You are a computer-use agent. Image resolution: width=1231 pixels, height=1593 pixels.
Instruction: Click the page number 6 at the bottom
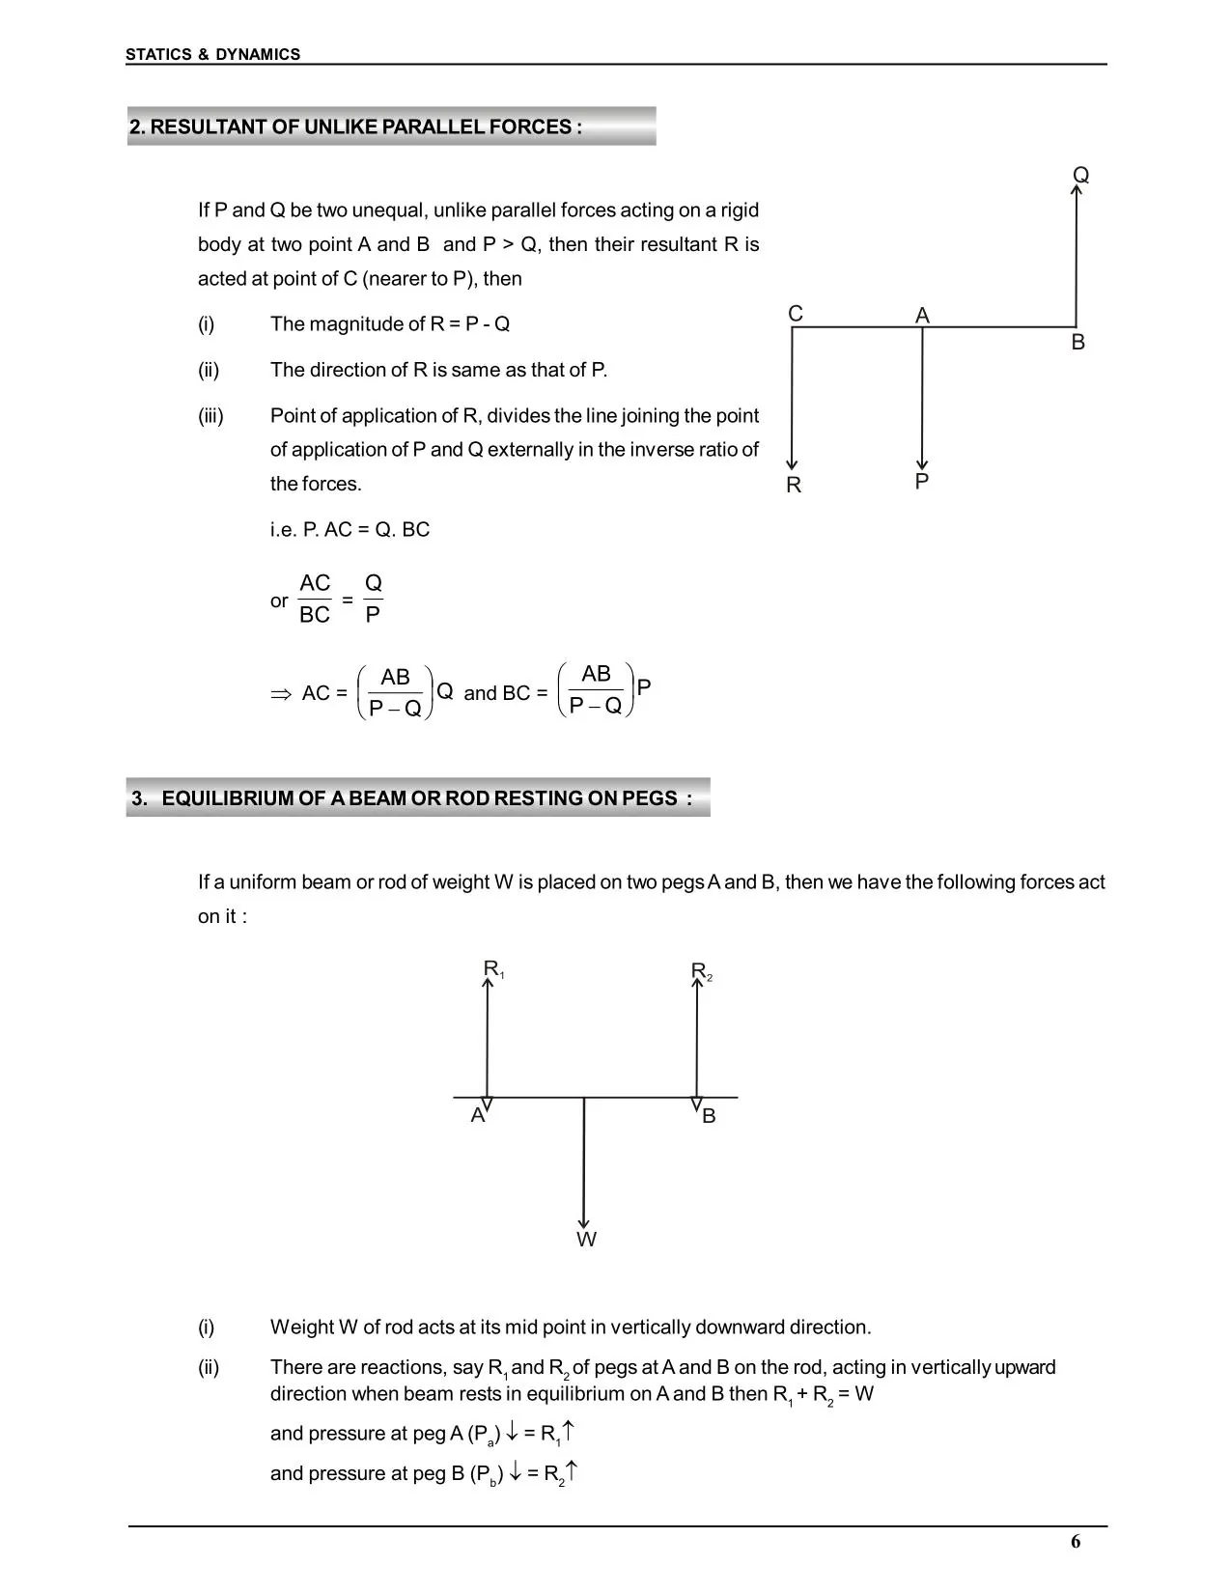pyautogui.click(x=1076, y=1542)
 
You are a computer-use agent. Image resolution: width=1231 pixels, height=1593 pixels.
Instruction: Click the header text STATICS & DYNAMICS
pyautogui.click(x=212, y=55)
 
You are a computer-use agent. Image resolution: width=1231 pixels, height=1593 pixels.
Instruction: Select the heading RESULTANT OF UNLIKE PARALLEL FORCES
pyautogui.click(x=356, y=127)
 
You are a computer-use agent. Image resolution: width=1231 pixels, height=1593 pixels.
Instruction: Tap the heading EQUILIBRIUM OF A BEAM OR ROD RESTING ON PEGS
pyautogui.click(x=412, y=798)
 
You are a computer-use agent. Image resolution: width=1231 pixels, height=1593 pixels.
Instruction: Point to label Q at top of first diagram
pyautogui.click(x=1080, y=175)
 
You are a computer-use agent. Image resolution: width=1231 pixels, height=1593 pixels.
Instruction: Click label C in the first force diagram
pyautogui.click(x=795, y=314)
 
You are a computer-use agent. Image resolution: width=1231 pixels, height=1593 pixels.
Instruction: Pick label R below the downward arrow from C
pyautogui.click(x=794, y=486)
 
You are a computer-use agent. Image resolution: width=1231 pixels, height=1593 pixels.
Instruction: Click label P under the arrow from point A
pyautogui.click(x=921, y=481)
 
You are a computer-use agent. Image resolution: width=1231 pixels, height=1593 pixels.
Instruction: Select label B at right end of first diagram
pyautogui.click(x=1077, y=343)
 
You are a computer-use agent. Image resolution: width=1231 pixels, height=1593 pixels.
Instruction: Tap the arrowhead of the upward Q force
pyautogui.click(x=1077, y=190)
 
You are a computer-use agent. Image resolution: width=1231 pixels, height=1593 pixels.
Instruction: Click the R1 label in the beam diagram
pyautogui.click(x=493, y=969)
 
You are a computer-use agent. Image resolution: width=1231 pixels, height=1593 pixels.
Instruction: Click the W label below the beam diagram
pyautogui.click(x=586, y=1240)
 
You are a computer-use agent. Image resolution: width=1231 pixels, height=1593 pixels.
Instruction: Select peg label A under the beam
pyautogui.click(x=477, y=1116)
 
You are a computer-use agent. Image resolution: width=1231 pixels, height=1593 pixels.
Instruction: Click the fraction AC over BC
pyautogui.click(x=315, y=599)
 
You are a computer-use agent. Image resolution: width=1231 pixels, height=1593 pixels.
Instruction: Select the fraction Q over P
pyautogui.click(x=373, y=599)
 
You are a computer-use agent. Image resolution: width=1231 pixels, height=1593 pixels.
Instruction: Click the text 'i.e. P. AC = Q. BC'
pyautogui.click(x=350, y=530)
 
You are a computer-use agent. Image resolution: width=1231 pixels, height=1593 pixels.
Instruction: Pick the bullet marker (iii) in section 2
pyautogui.click(x=210, y=416)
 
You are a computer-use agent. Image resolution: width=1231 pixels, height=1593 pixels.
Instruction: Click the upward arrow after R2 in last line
pyautogui.click(x=573, y=1471)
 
